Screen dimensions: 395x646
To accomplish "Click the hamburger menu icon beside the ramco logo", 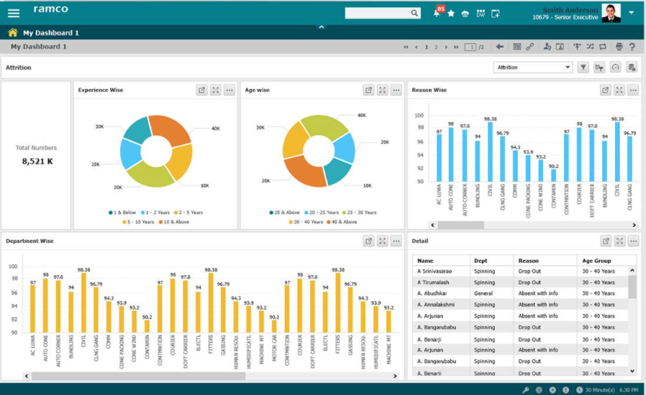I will pos(14,13).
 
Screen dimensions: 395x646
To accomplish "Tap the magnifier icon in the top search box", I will pos(414,13).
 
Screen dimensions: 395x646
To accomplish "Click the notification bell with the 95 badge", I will pos(437,13).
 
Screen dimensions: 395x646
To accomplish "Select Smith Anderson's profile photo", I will pos(611,13).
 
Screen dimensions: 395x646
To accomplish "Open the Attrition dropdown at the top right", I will pos(533,68).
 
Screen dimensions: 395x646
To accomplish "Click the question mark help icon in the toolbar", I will pos(632,47).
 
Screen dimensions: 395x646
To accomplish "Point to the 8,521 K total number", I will pos(37,162).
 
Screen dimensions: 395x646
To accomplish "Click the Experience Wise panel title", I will pos(101,90).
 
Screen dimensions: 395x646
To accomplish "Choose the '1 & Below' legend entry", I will pos(122,213).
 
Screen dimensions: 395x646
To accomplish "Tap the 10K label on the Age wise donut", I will pos(368,185).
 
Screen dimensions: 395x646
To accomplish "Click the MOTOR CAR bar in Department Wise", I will pos(274,327).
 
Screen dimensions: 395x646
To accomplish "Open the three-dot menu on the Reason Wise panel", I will pos(632,90).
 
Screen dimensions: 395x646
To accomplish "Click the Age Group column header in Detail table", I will pos(597,261).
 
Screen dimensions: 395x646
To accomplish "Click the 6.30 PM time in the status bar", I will pos(628,389).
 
